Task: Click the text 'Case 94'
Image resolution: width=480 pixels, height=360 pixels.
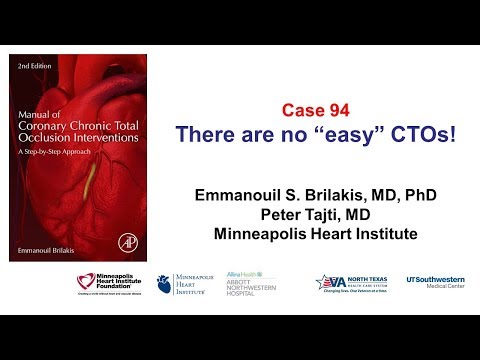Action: pos(315,109)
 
